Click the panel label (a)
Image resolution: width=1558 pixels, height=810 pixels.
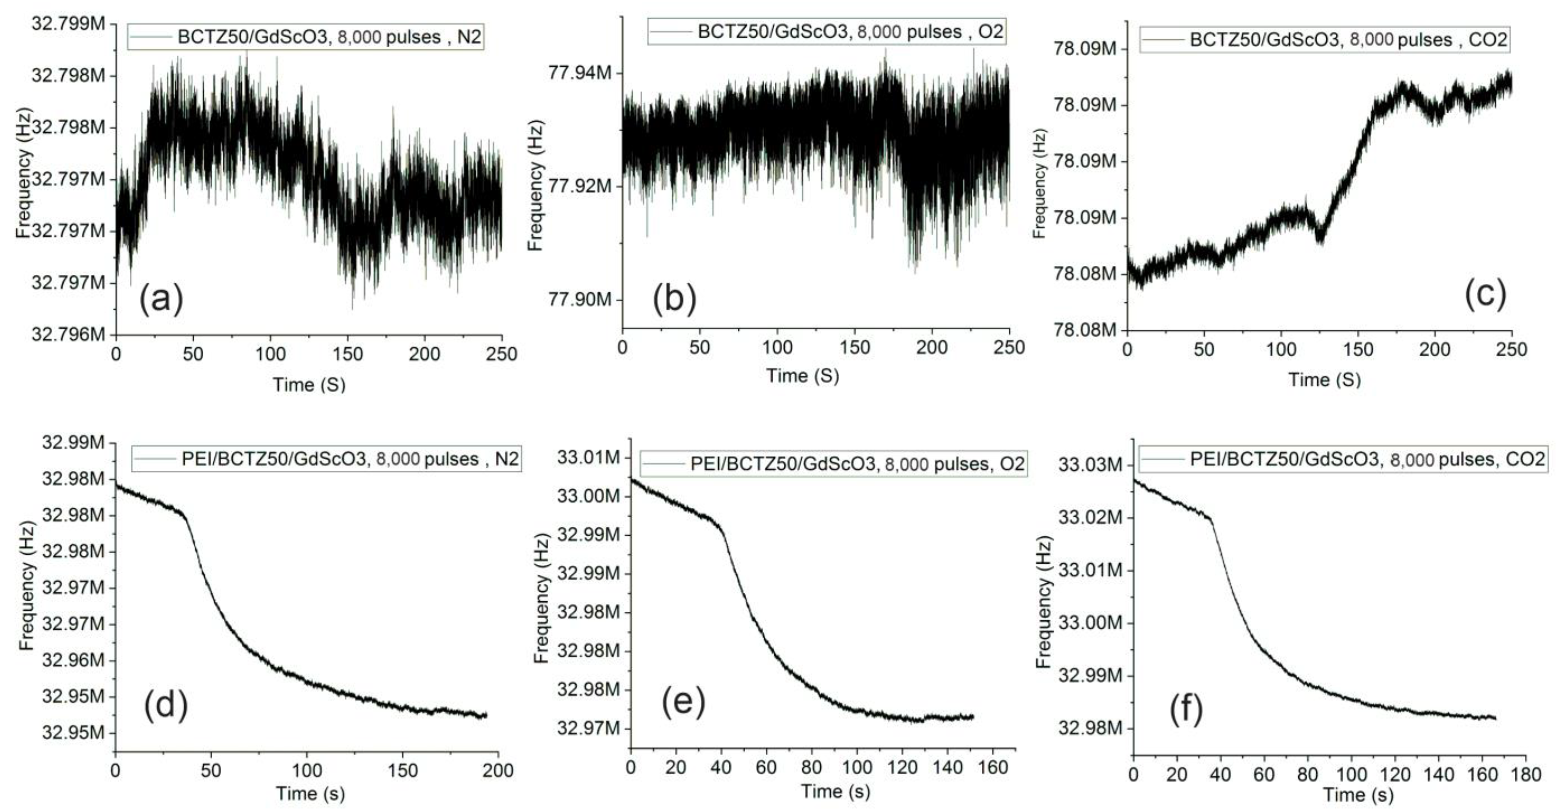(x=161, y=299)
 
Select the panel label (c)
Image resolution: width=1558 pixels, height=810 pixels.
(x=1485, y=295)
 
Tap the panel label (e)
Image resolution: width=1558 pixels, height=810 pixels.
(x=683, y=702)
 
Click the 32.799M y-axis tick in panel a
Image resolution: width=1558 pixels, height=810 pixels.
(x=68, y=24)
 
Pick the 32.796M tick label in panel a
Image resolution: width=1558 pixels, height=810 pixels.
(x=68, y=334)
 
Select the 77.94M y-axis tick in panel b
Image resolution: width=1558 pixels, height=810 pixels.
(x=579, y=73)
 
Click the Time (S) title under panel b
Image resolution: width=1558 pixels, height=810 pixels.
(x=803, y=376)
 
